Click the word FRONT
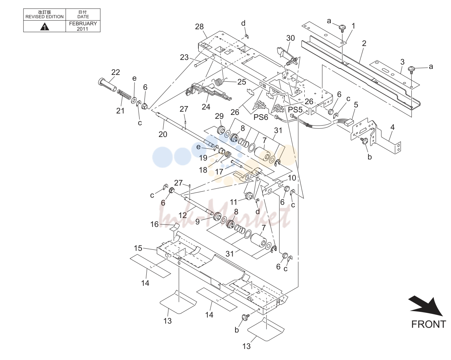pos(429,324)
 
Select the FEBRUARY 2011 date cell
pos(83,26)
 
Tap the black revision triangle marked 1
pos(45,27)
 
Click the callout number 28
pos(199,27)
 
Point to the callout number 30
pos(290,38)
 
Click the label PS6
pos(261,117)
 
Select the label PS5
pos(295,110)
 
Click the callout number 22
pos(116,72)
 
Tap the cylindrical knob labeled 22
pos(107,85)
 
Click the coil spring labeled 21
pos(124,95)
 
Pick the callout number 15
pos(138,248)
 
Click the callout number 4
pos(392,127)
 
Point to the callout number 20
pos(163,134)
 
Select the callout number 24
pos(206,107)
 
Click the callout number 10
pos(292,178)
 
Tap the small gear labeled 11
pos(248,196)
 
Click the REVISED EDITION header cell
pos(45,15)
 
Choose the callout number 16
pos(154,224)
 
